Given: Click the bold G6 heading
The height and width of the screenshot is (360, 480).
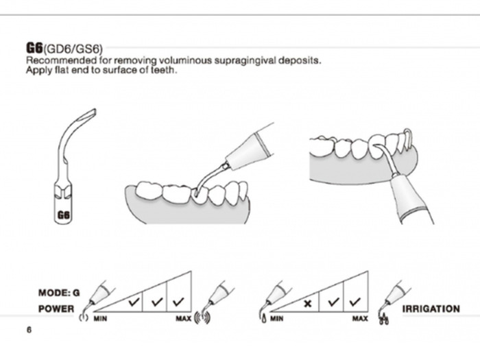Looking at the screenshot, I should pyautogui.click(x=34, y=47).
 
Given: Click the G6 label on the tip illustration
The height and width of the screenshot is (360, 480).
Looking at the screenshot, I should pyautogui.click(x=64, y=215).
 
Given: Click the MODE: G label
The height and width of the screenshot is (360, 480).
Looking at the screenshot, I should pyautogui.click(x=59, y=293).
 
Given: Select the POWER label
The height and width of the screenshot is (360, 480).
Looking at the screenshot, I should pyautogui.click(x=56, y=309).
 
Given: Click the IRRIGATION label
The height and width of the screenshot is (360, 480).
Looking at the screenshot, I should pyautogui.click(x=431, y=309).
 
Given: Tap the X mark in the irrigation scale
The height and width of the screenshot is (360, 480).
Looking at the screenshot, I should pyautogui.click(x=309, y=302).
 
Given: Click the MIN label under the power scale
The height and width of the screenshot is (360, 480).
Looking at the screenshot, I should pyautogui.click(x=101, y=319).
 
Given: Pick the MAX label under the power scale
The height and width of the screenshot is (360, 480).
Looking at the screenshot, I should pyautogui.click(x=183, y=319).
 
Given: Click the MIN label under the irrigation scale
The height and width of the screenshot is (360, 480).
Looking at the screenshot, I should pyautogui.click(x=277, y=319).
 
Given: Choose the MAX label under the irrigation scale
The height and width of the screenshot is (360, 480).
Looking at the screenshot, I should pyautogui.click(x=360, y=319).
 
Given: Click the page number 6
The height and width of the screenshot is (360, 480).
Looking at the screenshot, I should pyautogui.click(x=29, y=331).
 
